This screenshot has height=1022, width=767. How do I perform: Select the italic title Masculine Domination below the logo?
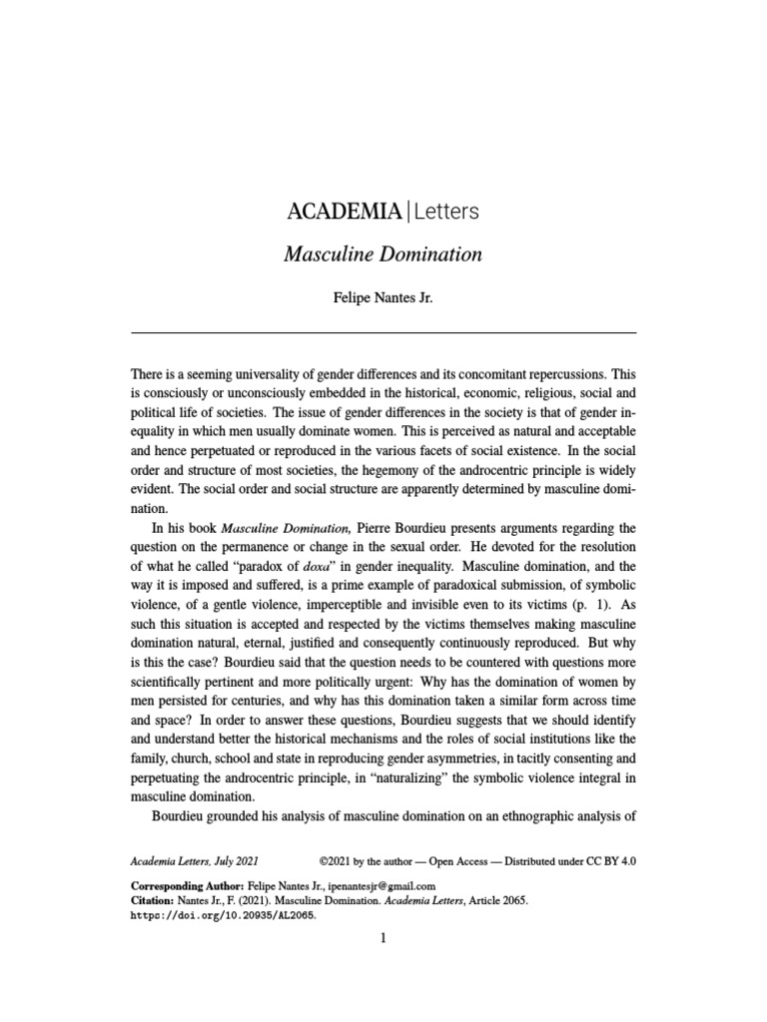click(x=383, y=255)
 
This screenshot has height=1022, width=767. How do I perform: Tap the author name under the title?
click(x=383, y=298)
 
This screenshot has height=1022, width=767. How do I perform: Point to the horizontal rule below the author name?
click(x=383, y=331)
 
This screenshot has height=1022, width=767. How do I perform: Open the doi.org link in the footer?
click(x=225, y=914)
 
